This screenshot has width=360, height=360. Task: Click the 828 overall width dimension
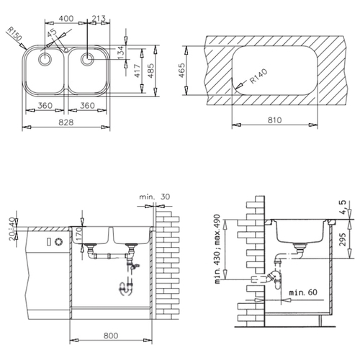pos(66,122)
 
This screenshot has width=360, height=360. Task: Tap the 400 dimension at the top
pos(66,19)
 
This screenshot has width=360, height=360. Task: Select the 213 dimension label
pos(99,18)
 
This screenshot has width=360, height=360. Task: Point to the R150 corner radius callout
pos(14,33)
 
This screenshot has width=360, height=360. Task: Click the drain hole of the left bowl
pos(45,59)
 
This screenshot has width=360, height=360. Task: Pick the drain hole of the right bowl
pos(87,59)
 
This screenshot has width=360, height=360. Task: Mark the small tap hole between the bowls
pos(66,50)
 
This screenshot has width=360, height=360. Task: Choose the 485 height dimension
pos(150,71)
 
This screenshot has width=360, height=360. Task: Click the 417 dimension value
pos(137,71)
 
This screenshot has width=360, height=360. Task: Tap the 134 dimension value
pos(122,53)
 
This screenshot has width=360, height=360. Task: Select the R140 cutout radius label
pos(258,76)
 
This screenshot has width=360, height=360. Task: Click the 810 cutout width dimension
pos(274,120)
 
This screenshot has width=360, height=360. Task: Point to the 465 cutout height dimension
pos(181,71)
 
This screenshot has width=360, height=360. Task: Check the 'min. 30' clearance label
pos(155,197)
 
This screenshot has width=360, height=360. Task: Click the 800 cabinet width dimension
pos(111,336)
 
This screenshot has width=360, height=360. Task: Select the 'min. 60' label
pos(303,292)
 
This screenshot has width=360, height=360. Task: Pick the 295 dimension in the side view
pos(343,239)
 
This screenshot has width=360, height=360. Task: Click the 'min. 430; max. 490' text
pos(217,249)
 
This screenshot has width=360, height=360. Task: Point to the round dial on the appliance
pos(58,242)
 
